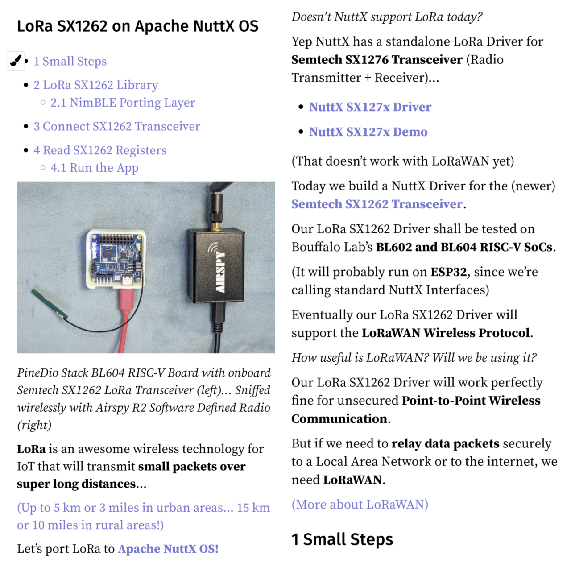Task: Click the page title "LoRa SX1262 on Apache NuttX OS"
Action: [x=137, y=26]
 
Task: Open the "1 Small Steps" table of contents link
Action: [x=70, y=61]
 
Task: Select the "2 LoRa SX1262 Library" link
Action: [x=96, y=85]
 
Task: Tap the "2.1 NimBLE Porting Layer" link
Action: [x=123, y=103]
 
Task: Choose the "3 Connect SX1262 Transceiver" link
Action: [x=117, y=126]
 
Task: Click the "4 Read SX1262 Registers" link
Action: [x=100, y=150]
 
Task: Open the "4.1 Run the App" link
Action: [x=94, y=168]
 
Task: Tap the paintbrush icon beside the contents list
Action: [x=16, y=61]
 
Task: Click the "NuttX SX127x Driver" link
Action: [x=370, y=107]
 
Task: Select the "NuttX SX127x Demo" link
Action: [x=368, y=132]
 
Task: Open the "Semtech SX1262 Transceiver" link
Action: [x=377, y=204]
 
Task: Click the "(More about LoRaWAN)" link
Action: [x=360, y=504]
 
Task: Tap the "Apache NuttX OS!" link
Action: [x=168, y=549]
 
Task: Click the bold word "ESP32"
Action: [x=448, y=272]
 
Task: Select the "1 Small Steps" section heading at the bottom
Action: [x=342, y=539]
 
